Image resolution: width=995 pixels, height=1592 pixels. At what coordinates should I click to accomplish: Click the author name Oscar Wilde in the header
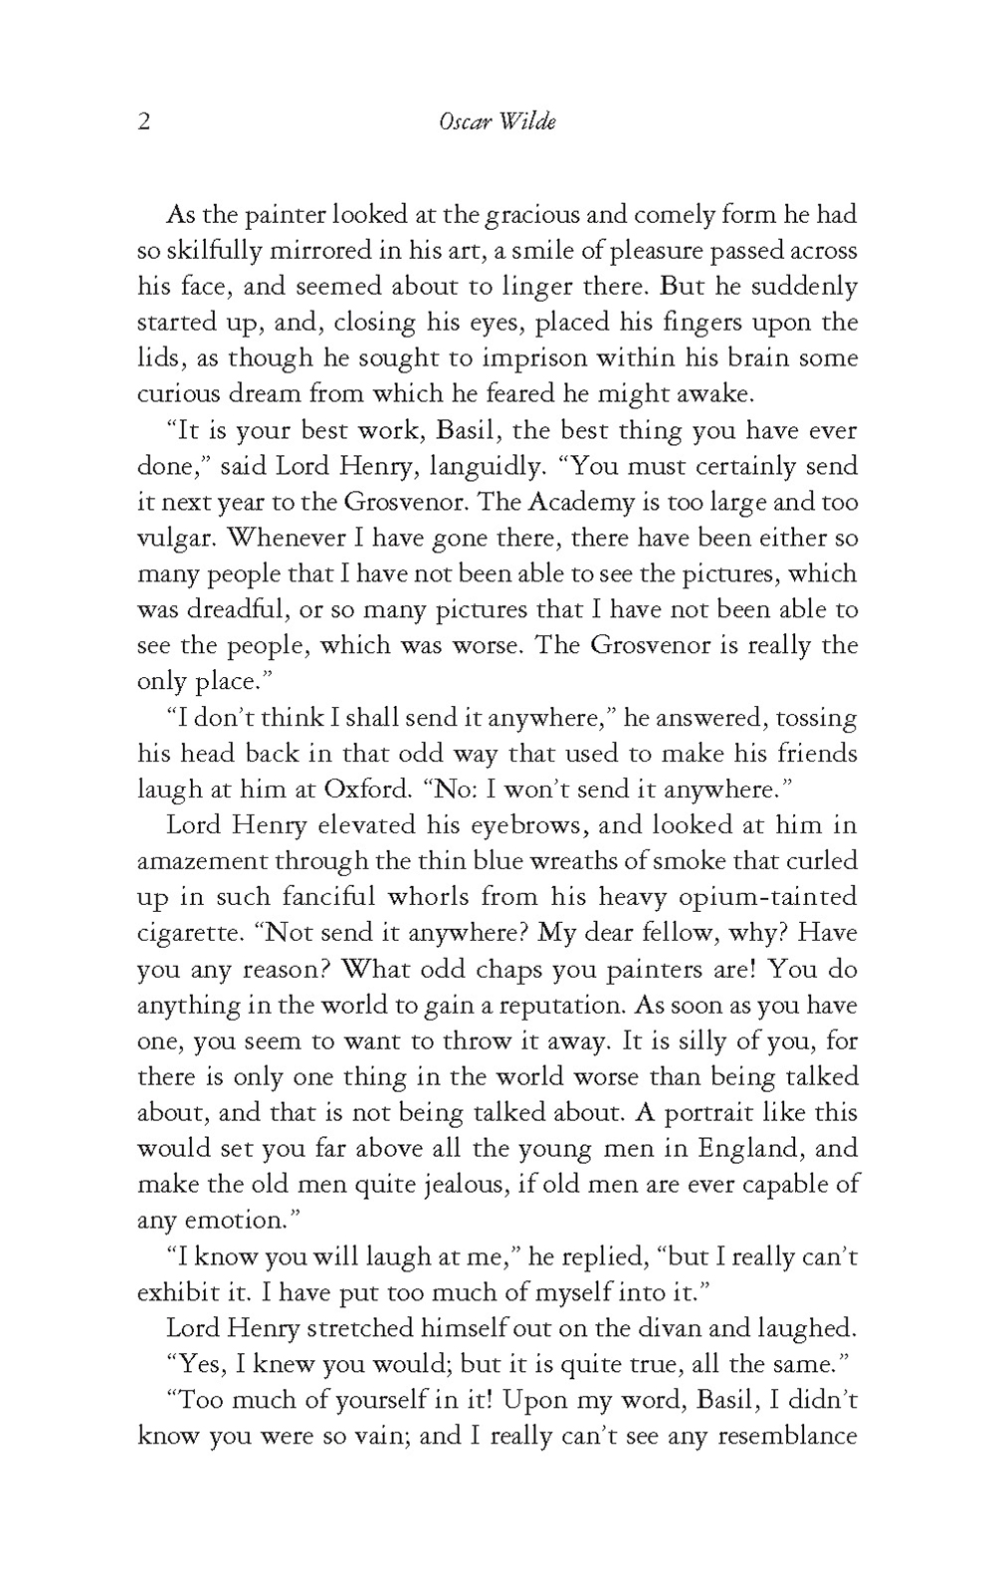[497, 121]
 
